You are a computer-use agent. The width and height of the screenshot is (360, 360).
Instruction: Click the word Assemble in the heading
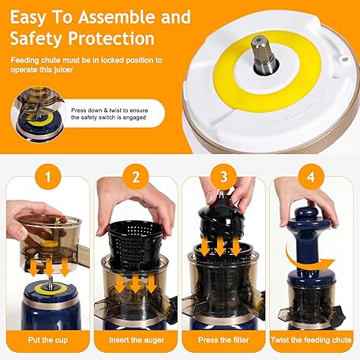coord(118,17)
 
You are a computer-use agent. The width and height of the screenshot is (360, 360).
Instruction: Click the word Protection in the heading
coord(111,39)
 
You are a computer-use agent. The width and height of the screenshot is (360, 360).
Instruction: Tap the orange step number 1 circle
coord(48,177)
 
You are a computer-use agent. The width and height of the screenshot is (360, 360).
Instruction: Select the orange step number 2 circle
coord(136,177)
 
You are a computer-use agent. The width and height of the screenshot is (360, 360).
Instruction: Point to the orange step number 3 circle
coord(223,177)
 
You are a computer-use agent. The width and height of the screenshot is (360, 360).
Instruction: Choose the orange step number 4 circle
coord(311,177)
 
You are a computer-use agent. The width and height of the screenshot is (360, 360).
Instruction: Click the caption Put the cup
coord(48,339)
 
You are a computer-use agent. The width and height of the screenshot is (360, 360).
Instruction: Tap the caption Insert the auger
coord(137,340)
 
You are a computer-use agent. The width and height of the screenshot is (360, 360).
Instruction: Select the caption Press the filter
coord(223,339)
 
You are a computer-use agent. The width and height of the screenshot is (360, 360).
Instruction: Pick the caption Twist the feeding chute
coord(311,339)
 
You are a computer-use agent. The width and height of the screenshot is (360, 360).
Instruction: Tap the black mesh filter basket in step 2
coord(136,242)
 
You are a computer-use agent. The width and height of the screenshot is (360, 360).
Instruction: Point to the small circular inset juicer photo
coord(38,114)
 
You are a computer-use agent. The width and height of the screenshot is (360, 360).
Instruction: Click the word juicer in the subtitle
coord(63,69)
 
